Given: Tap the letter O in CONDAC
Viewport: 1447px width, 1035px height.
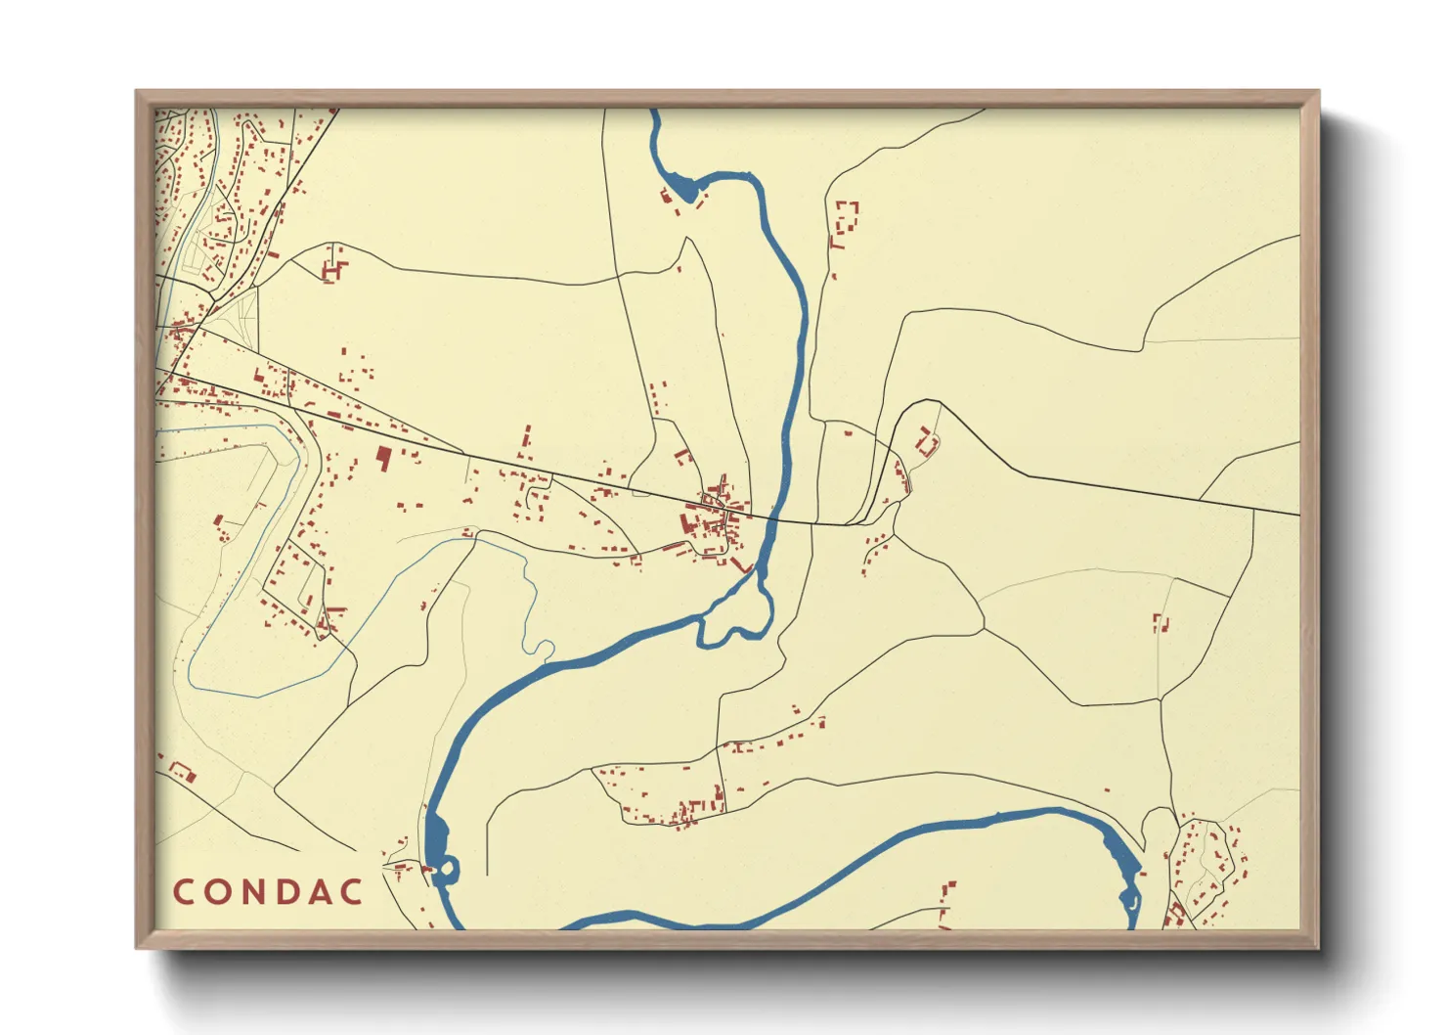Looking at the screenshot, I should (220, 892).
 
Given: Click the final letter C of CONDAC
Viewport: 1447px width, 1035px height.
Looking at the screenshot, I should (355, 892).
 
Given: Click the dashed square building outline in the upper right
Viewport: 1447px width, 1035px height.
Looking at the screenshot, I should (845, 216).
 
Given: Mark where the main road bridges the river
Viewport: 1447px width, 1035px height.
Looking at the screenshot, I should (772, 519).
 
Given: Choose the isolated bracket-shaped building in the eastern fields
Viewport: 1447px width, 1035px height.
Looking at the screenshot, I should (1161, 622).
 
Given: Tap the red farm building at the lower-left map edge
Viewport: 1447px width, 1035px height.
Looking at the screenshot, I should (183, 772).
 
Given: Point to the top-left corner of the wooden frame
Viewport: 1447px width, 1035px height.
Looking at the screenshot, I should (137, 92).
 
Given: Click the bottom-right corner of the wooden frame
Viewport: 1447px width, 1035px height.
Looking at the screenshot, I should (1318, 947).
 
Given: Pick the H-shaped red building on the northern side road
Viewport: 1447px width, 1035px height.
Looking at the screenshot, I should (333, 267).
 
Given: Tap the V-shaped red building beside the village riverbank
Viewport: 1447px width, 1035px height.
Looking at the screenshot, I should (742, 565).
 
